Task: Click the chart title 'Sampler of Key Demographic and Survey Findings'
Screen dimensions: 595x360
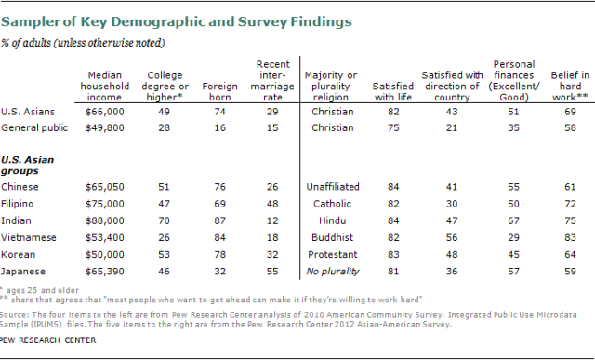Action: click(x=177, y=22)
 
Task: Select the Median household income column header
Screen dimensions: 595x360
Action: click(x=105, y=87)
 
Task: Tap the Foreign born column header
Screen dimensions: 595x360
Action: click(x=219, y=91)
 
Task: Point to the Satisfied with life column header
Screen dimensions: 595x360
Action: click(x=393, y=91)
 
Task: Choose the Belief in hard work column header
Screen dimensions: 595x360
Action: click(x=570, y=87)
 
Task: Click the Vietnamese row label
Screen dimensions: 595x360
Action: click(x=29, y=238)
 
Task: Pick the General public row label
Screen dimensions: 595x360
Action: click(x=34, y=127)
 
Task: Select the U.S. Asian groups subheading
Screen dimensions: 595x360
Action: click(x=27, y=166)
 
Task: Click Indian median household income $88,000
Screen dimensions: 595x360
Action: click(x=105, y=220)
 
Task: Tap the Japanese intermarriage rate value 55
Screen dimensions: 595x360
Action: click(x=272, y=272)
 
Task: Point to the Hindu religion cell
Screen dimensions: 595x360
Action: click(x=333, y=220)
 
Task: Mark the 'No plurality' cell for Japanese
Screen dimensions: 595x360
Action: click(x=333, y=272)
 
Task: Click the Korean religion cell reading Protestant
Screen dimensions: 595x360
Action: click(x=333, y=255)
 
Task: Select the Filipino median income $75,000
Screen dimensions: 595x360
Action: click(x=105, y=204)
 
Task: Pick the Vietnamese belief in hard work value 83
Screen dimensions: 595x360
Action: click(x=570, y=238)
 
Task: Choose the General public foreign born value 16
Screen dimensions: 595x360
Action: click(x=219, y=127)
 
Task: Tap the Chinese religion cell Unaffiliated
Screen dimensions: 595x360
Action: click(x=333, y=187)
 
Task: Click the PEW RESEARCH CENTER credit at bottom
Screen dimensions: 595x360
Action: click(x=47, y=340)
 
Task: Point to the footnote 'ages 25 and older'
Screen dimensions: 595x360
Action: click(x=43, y=290)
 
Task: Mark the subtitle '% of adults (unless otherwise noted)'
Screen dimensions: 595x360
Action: click(x=83, y=43)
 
